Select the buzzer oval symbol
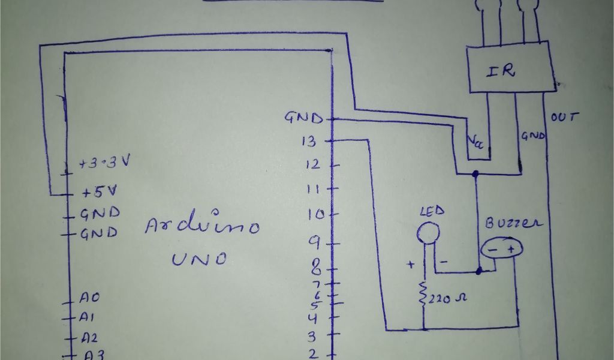501,248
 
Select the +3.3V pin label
105,163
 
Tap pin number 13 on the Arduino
310,142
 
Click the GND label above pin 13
303,118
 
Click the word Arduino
203,227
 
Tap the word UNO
200,259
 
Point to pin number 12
313,164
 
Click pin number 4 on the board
312,318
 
